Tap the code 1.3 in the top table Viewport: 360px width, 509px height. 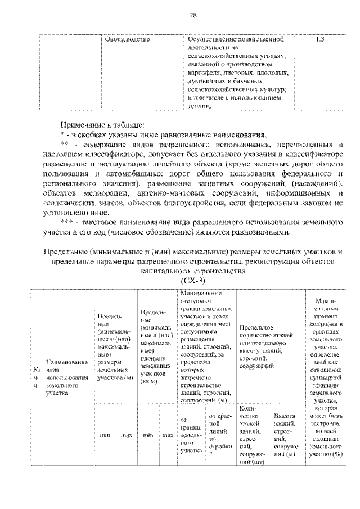[319, 39]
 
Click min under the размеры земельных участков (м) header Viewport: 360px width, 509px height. [105, 435]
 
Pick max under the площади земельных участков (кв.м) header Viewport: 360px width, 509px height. [168, 435]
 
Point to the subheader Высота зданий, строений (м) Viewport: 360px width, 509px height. [285, 435]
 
